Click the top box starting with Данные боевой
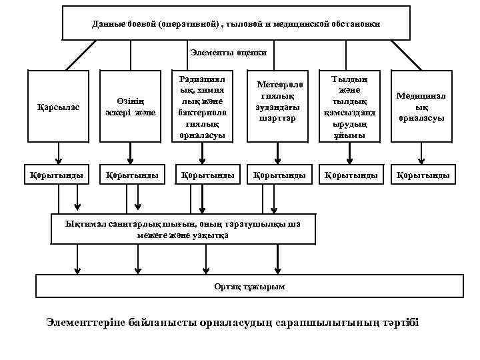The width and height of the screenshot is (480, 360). coord(237,24)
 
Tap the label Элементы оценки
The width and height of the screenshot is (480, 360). coord(229,51)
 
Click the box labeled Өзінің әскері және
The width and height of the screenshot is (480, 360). coord(131,107)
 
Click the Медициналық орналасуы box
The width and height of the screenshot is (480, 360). coord(421,107)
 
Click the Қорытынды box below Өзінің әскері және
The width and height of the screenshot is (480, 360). coord(131,176)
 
